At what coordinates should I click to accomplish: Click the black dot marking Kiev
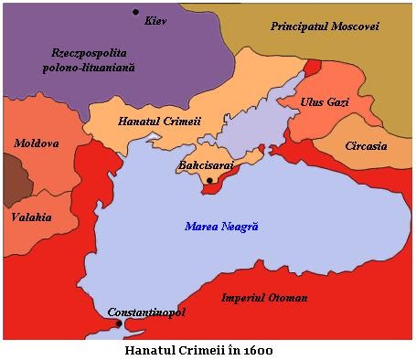(x=135, y=12)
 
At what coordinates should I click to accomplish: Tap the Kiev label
(x=156, y=20)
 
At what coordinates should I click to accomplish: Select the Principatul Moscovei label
(x=324, y=26)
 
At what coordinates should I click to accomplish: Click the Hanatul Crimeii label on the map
(x=160, y=121)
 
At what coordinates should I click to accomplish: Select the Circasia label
(x=366, y=146)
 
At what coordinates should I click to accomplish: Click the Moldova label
(x=36, y=143)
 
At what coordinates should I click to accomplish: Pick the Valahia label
(x=31, y=217)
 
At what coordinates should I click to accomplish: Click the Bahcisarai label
(x=206, y=166)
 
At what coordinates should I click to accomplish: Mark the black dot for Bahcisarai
(x=210, y=181)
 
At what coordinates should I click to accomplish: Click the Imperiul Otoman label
(x=265, y=298)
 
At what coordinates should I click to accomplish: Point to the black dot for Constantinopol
(x=119, y=323)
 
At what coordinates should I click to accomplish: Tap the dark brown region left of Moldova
(x=11, y=176)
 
